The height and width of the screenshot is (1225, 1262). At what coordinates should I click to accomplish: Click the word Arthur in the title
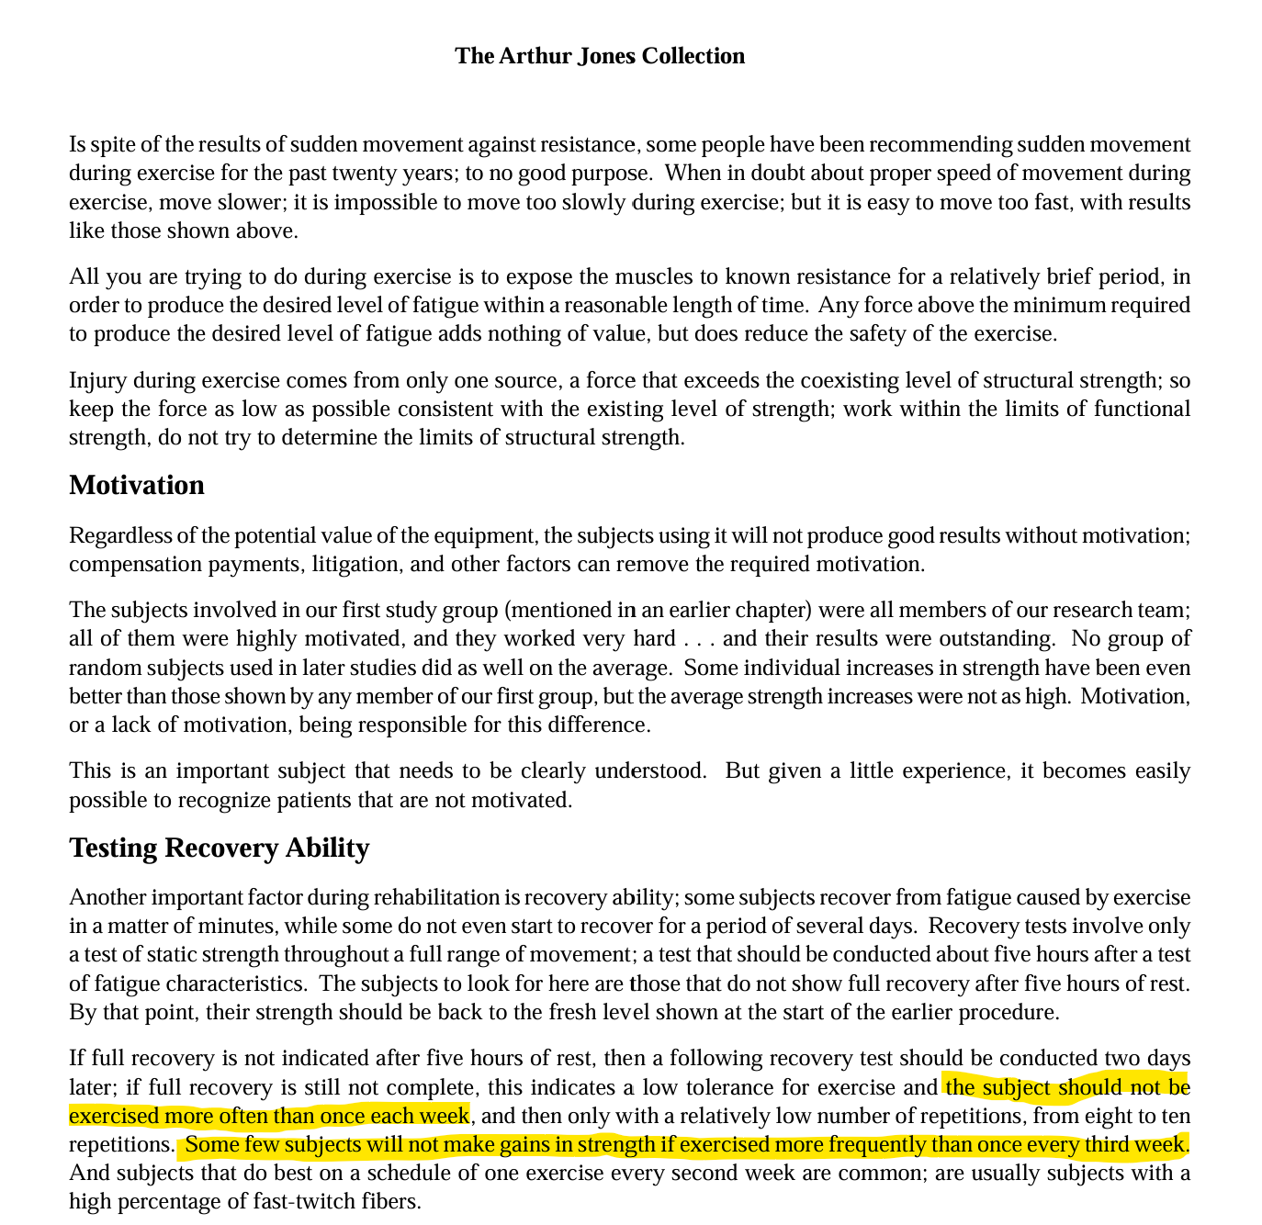click(535, 56)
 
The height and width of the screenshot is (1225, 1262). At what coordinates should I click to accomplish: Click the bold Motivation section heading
click(137, 485)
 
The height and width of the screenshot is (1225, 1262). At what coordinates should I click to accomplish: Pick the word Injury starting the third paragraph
click(97, 380)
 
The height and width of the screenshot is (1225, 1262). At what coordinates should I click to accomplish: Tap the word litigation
click(354, 564)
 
